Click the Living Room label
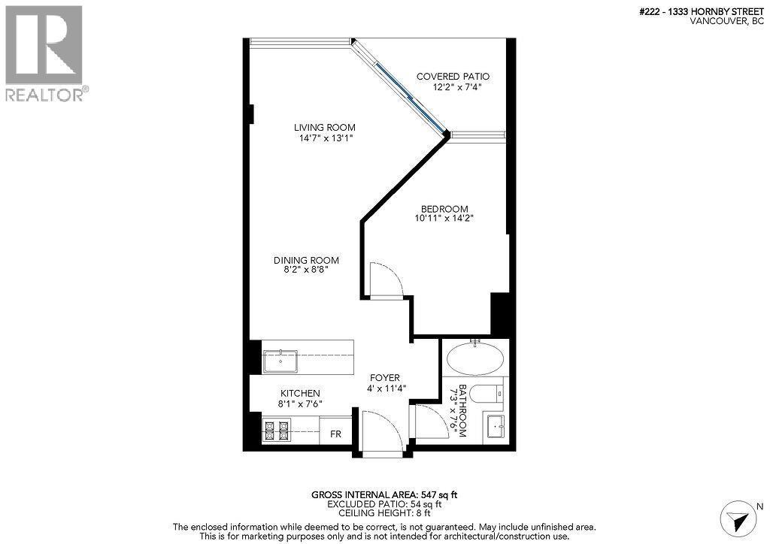[324, 127]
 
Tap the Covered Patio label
[453, 77]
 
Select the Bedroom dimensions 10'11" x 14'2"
[444, 219]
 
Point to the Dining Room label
[305, 260]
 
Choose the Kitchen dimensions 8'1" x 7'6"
[300, 404]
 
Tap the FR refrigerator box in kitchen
[335, 434]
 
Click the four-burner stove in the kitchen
[275, 431]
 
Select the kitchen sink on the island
[280, 361]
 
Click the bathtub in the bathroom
[475, 359]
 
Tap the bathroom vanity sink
[496, 427]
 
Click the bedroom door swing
[387, 280]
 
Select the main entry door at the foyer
[382, 433]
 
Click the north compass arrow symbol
[737, 519]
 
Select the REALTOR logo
[44, 53]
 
